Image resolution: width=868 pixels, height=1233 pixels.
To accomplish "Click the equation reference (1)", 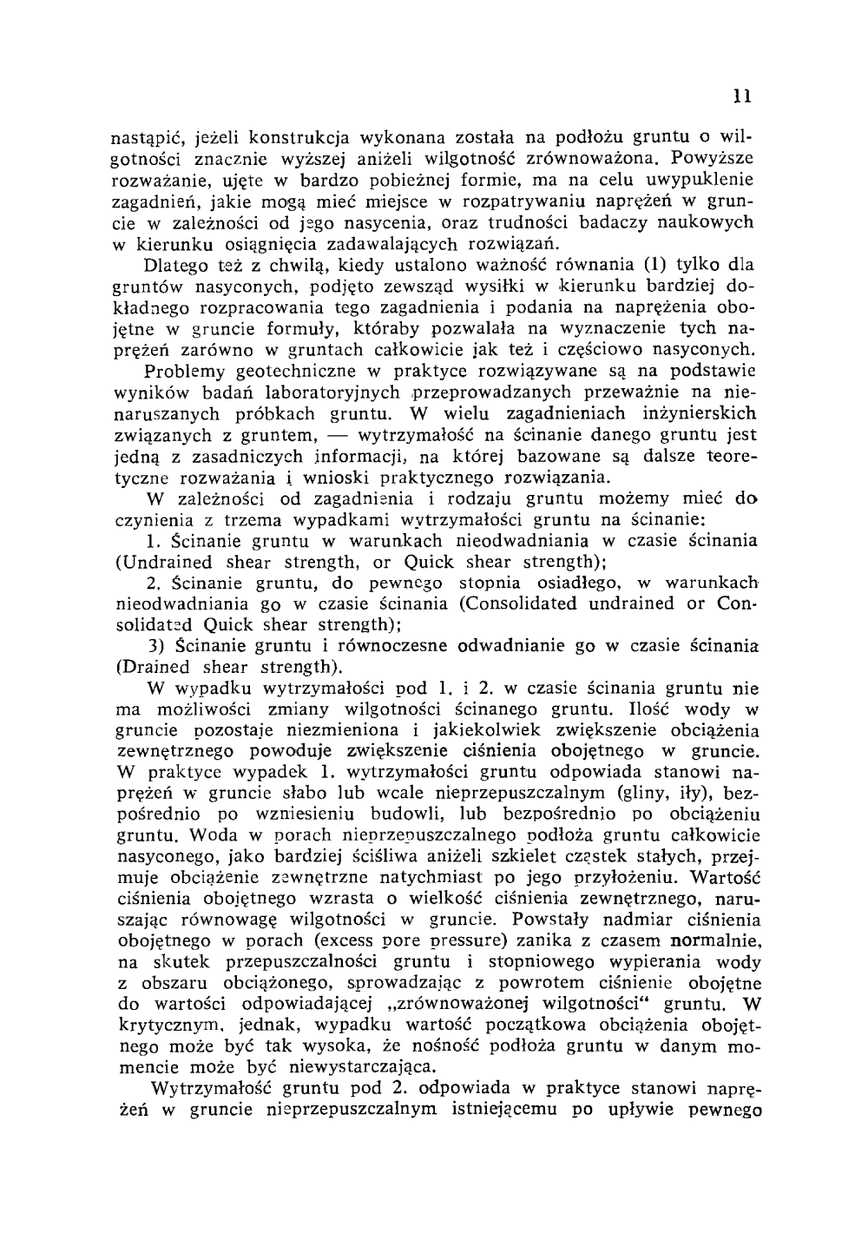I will click(x=652, y=264).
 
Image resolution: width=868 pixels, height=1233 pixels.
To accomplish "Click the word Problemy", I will click(x=187, y=372).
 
